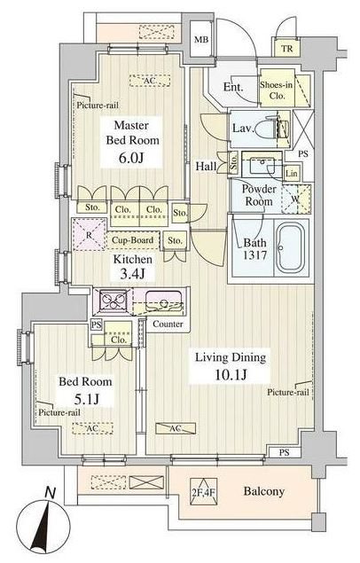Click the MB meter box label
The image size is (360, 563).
(201, 40)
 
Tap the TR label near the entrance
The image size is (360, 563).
(286, 49)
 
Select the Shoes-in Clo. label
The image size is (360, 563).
(277, 90)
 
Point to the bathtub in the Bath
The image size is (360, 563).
(291, 247)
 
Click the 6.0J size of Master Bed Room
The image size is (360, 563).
(131, 158)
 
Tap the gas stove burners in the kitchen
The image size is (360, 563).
(113, 299)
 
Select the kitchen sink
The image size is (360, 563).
(163, 301)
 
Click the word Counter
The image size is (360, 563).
(168, 324)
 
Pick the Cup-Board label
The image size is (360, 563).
(132, 240)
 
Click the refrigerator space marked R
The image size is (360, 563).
(90, 234)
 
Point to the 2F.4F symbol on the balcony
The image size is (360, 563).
(204, 491)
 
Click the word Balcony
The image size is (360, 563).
(264, 491)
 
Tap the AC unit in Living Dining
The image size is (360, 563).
(176, 429)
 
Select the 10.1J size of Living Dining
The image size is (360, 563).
(231, 375)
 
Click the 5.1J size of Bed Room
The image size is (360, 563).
(84, 399)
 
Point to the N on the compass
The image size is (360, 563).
(51, 493)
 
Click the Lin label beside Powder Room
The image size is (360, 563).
(292, 174)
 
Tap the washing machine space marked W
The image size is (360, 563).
(295, 199)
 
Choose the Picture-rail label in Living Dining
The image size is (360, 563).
(288, 393)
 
